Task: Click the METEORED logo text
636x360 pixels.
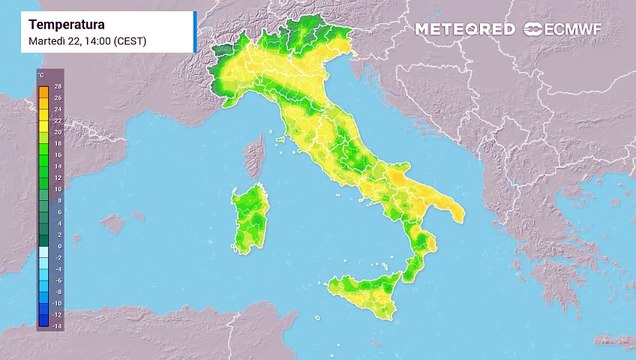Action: pyautogui.click(x=466, y=29)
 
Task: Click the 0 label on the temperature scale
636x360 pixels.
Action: pyautogui.click(x=57, y=246)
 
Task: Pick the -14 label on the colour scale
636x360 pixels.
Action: pyautogui.click(x=57, y=325)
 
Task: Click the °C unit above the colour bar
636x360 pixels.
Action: pyautogui.click(x=41, y=76)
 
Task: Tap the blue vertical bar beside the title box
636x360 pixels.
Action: pyautogui.click(x=194, y=31)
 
